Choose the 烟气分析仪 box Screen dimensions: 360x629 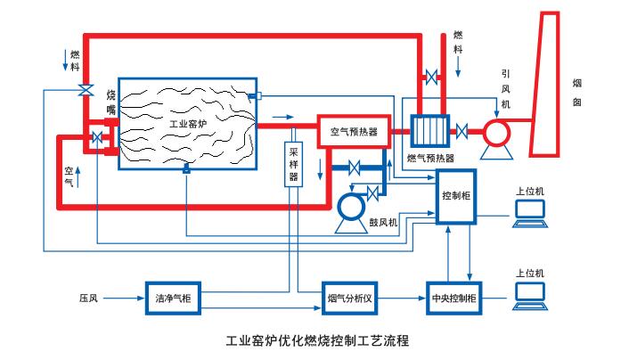(x=352, y=296)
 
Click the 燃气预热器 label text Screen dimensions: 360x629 (x=432, y=158)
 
